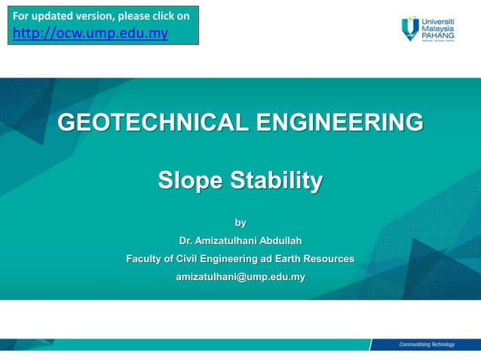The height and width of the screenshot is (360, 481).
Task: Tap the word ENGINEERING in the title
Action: point(339,122)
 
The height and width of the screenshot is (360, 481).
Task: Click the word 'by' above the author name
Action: point(240,223)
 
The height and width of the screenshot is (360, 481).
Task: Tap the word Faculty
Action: point(146,259)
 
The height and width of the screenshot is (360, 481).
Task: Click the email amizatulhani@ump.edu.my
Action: point(240,277)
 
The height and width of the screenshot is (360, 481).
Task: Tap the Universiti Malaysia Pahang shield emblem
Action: point(410,28)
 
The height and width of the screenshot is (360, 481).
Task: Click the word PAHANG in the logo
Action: point(438,34)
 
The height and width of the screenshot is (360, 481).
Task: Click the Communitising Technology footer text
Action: point(427,344)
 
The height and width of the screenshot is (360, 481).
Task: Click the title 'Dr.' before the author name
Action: point(185,241)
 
